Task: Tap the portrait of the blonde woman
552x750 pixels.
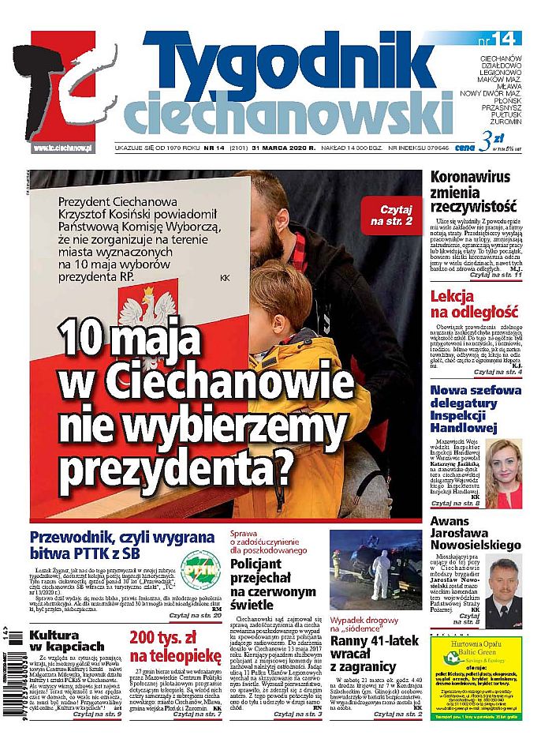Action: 504,471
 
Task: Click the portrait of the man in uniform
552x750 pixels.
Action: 504,592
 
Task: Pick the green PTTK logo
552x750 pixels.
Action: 200,564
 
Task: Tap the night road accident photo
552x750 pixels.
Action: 376,565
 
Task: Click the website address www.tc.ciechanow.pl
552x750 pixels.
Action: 64,148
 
